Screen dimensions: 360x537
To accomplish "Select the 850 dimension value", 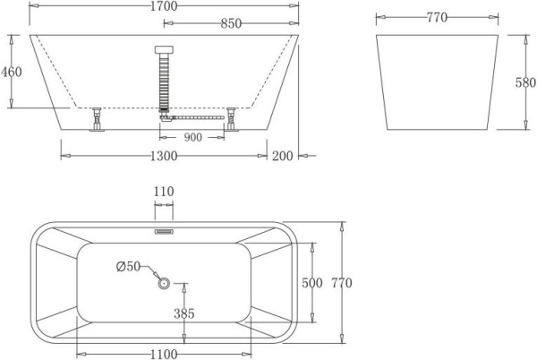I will tap(231, 24).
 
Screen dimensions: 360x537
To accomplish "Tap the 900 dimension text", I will tap(192, 138).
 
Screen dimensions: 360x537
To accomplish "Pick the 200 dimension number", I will tap(284, 156).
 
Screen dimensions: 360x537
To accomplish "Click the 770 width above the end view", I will tap(435, 16).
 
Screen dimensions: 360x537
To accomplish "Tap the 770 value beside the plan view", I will tap(342, 283).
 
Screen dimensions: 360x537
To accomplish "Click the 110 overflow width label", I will tap(164, 191).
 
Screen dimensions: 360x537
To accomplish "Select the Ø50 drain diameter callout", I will tap(129, 266).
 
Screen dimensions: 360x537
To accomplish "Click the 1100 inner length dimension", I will tap(163, 354).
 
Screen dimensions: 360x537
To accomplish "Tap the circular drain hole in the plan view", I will tap(164, 284).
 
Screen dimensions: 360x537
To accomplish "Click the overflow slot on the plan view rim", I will tap(164, 228).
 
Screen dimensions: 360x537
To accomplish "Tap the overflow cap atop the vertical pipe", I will tap(164, 49).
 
